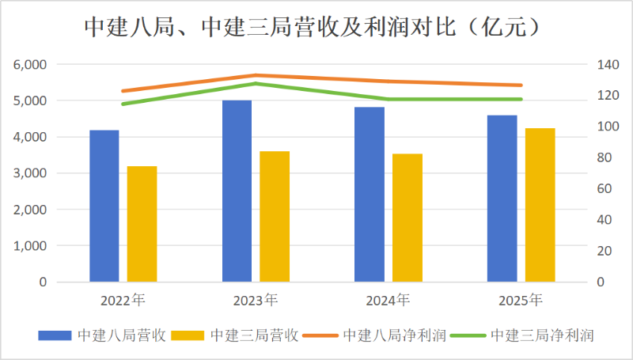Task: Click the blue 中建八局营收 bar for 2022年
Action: (x=104, y=206)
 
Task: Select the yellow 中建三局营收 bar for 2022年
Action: (x=142, y=224)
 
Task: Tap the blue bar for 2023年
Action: (x=237, y=191)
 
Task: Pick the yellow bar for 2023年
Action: (x=275, y=216)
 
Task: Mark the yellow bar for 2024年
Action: (x=407, y=218)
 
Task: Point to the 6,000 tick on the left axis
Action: (x=31, y=65)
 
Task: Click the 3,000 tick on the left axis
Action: (x=31, y=173)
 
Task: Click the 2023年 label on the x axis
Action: (x=255, y=301)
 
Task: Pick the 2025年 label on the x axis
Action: (x=521, y=301)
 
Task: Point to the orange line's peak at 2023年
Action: (x=256, y=75)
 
